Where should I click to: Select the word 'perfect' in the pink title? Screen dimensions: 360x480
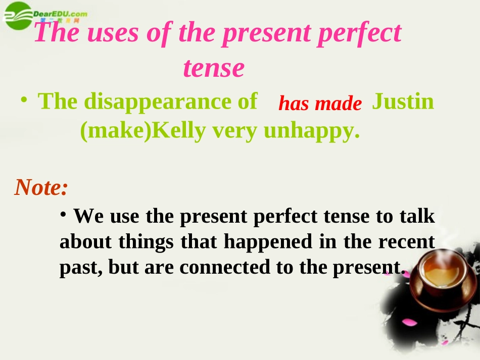coord(359,33)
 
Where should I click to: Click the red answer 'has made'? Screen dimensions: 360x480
coord(320,104)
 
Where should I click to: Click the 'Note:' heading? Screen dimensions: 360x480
coord(41,187)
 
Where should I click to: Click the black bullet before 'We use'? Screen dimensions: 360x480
coord(64,215)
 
